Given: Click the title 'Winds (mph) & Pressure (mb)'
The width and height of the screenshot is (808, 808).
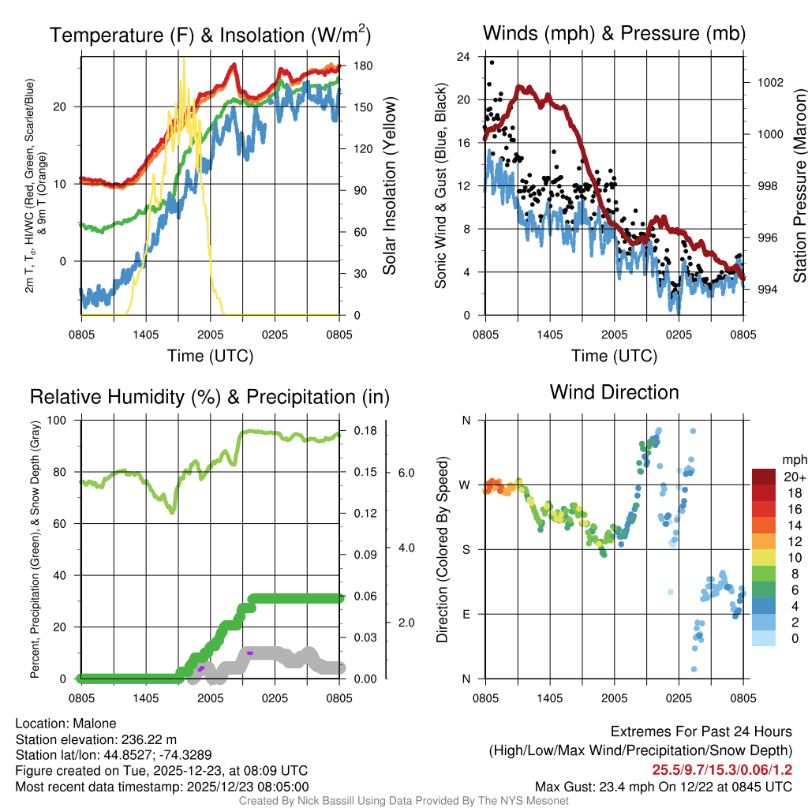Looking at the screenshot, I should [x=614, y=33].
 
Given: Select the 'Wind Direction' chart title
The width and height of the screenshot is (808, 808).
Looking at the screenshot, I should [x=614, y=391].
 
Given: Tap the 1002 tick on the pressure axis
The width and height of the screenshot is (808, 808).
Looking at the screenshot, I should [x=769, y=82].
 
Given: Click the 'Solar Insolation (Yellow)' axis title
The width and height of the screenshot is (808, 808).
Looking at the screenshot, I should [x=389, y=185].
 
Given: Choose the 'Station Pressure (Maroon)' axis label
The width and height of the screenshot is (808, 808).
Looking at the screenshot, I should [x=799, y=185].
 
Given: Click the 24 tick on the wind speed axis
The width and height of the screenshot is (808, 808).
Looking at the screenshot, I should [x=464, y=57].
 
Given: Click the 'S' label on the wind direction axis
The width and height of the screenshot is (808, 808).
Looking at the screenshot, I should [x=466, y=549].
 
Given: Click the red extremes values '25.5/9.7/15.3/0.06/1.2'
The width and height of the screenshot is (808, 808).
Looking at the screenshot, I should [x=722, y=769].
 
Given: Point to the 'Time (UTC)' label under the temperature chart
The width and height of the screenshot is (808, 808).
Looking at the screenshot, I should [x=210, y=356].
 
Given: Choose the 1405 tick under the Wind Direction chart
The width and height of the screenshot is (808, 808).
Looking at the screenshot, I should [x=549, y=698].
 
